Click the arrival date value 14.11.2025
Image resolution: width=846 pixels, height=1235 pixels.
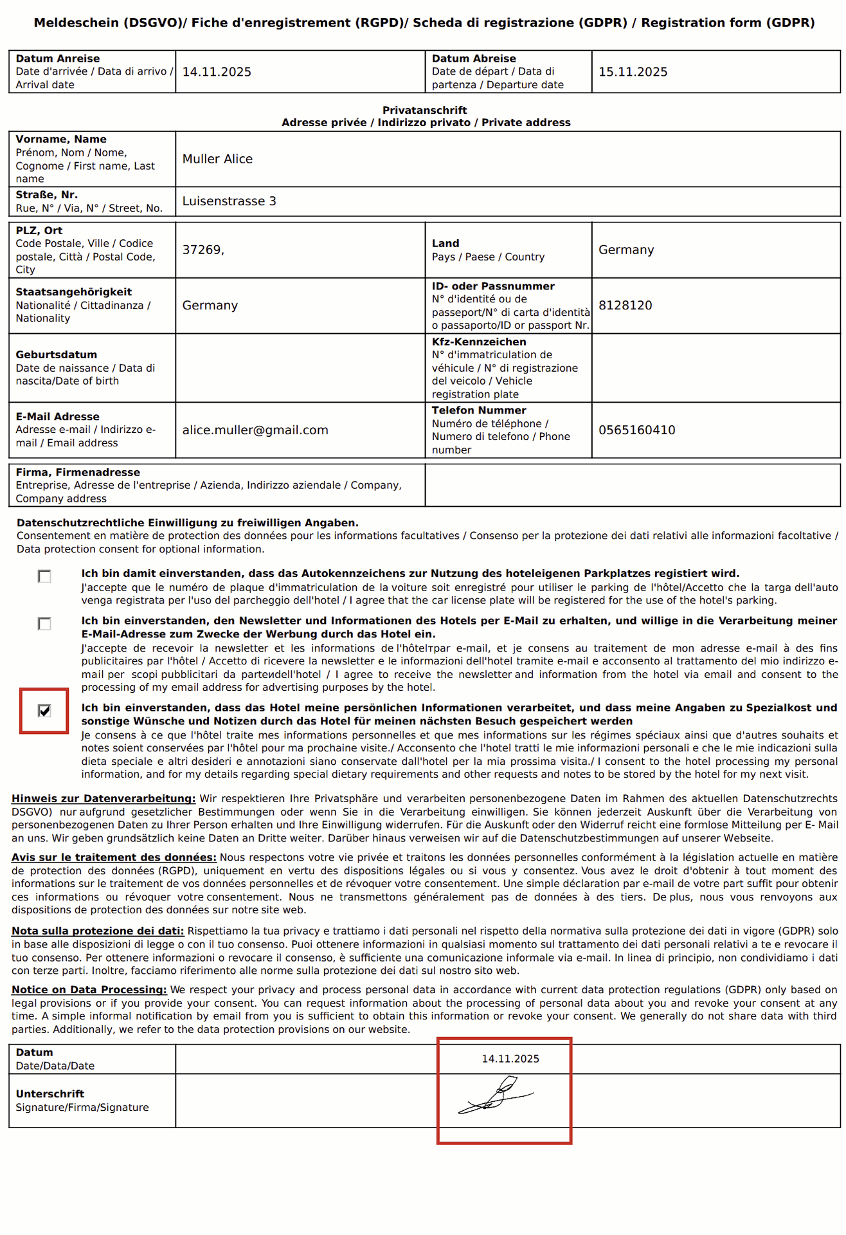point(217,72)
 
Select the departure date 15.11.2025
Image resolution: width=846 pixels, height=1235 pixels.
point(633,72)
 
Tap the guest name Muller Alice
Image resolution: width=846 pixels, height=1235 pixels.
point(217,159)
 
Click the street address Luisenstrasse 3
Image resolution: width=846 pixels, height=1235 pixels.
point(229,201)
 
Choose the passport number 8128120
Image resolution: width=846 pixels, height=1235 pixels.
point(625,306)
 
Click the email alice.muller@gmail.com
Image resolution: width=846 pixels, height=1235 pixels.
point(255,430)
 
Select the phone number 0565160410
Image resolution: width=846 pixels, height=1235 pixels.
point(636,430)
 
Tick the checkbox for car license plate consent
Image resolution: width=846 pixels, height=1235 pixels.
point(44,576)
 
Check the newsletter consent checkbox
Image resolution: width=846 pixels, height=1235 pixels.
point(44,624)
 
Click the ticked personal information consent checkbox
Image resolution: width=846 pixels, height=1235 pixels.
point(44,711)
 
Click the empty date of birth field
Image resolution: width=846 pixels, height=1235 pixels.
point(300,368)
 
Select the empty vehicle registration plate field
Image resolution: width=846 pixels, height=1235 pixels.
point(715,368)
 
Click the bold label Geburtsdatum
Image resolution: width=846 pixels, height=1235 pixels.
point(57,354)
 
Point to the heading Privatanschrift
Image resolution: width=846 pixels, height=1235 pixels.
point(424,110)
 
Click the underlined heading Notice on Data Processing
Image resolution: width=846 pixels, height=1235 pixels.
point(89,990)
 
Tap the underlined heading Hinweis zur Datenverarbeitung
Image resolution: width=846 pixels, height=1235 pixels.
point(104,799)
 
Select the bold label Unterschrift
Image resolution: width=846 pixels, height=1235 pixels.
point(50,1093)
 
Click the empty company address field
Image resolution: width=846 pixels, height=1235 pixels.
point(633,486)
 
